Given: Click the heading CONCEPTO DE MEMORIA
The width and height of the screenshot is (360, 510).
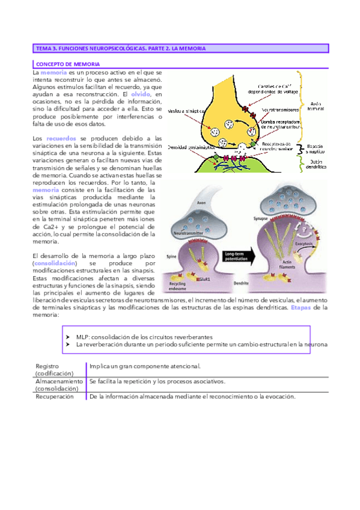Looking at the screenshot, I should pos(69,63).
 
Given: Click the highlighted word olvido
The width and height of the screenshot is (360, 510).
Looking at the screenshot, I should pos(140,94).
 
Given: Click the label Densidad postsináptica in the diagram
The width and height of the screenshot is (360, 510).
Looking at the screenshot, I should pos(187,147).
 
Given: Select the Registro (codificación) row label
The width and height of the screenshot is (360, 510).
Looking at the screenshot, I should pos(54,369).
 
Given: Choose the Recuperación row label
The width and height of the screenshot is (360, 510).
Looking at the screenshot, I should pos(54,397).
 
